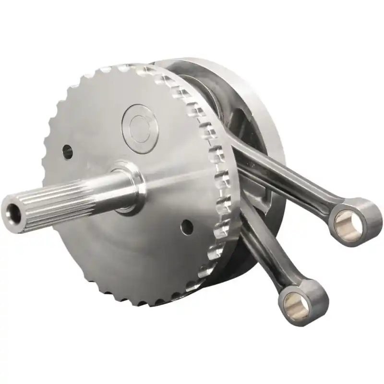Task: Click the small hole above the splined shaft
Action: click(x=67, y=152)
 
